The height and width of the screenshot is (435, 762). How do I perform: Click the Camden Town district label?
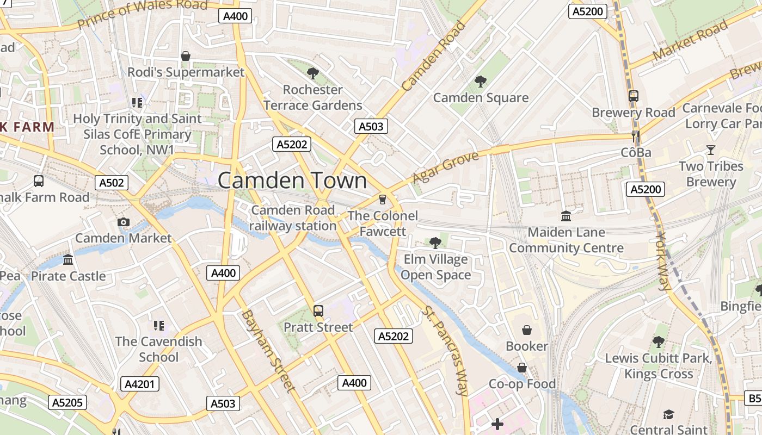point(292,181)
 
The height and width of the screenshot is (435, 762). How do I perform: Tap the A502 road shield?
point(112,183)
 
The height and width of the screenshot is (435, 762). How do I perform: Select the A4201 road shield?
point(140,384)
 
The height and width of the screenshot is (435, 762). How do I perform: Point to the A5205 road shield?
point(68,402)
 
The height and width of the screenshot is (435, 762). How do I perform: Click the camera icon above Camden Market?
point(124,222)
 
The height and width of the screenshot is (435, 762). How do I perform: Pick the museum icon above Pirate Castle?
point(68,260)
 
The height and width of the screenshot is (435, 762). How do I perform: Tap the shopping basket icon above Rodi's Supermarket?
point(186,56)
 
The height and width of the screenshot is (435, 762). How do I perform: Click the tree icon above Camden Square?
point(480,82)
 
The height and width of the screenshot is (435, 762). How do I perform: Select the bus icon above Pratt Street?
point(318,311)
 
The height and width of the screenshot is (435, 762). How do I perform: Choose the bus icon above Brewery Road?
point(633,96)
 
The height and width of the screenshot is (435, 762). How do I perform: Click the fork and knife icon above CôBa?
point(635,136)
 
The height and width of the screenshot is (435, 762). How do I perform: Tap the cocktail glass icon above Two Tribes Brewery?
point(710,150)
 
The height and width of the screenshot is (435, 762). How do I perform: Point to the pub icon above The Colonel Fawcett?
point(383,200)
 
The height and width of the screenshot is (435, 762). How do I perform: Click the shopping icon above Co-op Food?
point(521,368)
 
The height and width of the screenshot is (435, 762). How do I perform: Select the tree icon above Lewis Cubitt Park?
point(659,342)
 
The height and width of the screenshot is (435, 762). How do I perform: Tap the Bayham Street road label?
point(268,351)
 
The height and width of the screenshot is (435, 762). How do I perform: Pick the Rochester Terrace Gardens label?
point(313,97)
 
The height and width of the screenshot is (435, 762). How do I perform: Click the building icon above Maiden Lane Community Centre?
point(566,216)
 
